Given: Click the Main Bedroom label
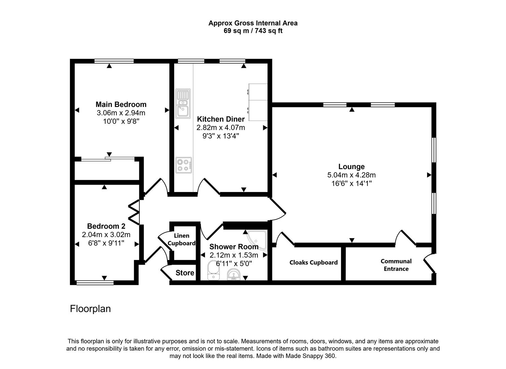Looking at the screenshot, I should pyautogui.click(x=121, y=105).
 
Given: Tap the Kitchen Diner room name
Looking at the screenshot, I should pyautogui.click(x=221, y=119).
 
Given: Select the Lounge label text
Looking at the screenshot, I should pyautogui.click(x=351, y=167).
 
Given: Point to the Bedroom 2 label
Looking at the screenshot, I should pyautogui.click(x=106, y=226).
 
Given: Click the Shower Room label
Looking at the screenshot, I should pyautogui.click(x=234, y=247).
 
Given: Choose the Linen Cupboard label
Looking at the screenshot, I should pyautogui.click(x=182, y=240).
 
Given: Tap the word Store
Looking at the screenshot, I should pyautogui.click(x=185, y=273).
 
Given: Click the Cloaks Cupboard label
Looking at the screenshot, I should pyautogui.click(x=313, y=262).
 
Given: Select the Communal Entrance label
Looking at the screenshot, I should pyautogui.click(x=396, y=265).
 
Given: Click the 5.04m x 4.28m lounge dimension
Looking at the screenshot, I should pyautogui.click(x=351, y=175).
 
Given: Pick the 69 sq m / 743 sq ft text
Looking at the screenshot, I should pyautogui.click(x=253, y=31).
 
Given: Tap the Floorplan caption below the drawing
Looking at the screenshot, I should pyautogui.click(x=90, y=309).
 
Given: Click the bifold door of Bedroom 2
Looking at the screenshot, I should pyautogui.click(x=134, y=213).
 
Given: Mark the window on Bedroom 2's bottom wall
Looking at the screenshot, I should pyautogui.click(x=95, y=283).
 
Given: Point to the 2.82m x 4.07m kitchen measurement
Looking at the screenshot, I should pyautogui.click(x=221, y=128).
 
